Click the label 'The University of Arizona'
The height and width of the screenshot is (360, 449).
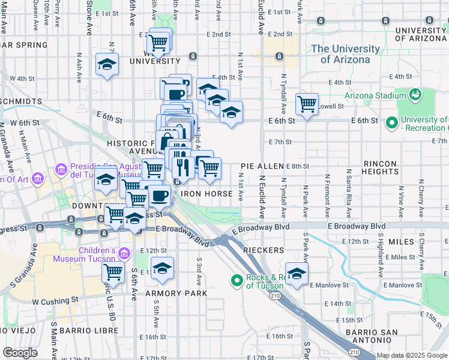tap(345, 54)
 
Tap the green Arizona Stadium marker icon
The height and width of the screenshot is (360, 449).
tap(414, 94)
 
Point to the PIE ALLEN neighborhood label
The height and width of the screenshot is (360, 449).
tap(262, 166)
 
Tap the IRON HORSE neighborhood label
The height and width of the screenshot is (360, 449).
tap(206, 194)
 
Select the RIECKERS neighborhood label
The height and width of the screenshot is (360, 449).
tap(259, 248)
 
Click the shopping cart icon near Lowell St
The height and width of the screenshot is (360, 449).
tap(307, 104)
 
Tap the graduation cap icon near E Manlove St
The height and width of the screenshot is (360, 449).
tap(297, 274)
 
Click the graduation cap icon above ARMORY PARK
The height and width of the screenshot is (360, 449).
tap(162, 269)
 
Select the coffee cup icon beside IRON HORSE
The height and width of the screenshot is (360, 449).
tap(159, 195)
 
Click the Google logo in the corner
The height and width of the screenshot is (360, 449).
tap(20, 353)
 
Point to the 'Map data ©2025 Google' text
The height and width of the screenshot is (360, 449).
tap(412, 355)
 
